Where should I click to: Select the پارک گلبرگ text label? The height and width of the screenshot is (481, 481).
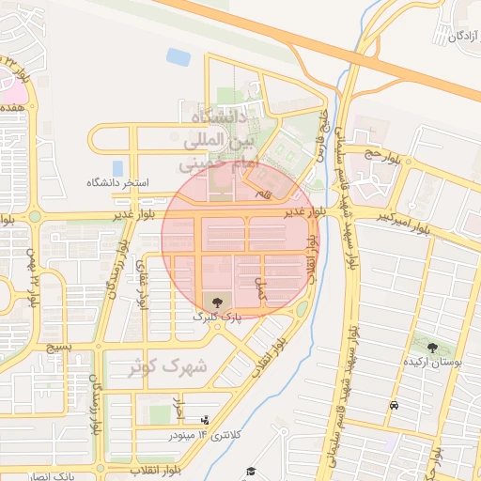pyautogui.click(x=217, y=318)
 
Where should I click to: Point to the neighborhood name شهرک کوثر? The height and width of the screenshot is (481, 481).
pyautogui.click(x=169, y=366)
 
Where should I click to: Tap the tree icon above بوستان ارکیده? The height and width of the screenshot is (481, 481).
pyautogui.click(x=431, y=348)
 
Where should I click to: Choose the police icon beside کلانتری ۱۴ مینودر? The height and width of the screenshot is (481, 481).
pyautogui.click(x=205, y=420)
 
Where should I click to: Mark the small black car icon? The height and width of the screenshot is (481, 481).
pyautogui.click(x=393, y=406)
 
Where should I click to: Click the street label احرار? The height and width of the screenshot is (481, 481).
pyautogui.click(x=178, y=407)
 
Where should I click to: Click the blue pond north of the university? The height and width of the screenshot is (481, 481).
pyautogui.click(x=178, y=57)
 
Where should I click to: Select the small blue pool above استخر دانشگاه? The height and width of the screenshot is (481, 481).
pyautogui.click(x=118, y=168)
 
